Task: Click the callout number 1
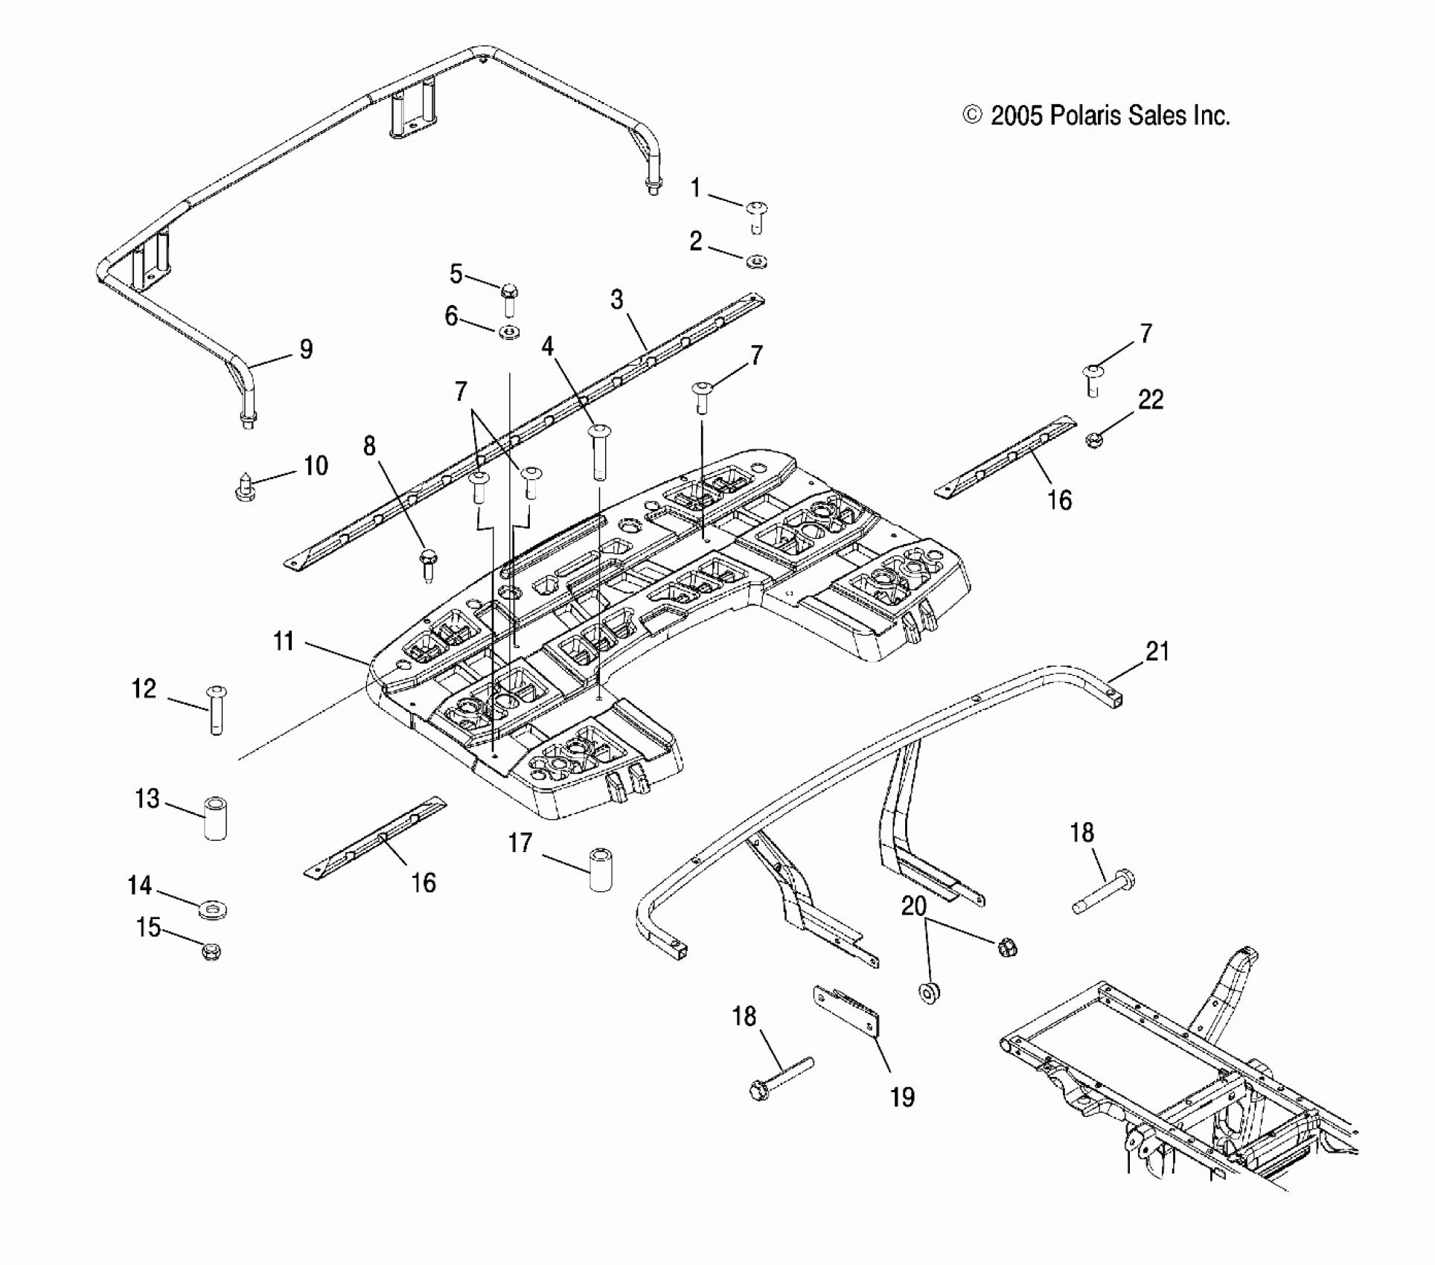pos(696,188)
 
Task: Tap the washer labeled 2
pos(757,261)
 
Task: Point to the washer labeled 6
pos(509,331)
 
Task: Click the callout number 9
pos(306,349)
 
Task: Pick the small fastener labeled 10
pos(244,485)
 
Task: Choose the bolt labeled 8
pos(429,566)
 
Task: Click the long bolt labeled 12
pos(216,710)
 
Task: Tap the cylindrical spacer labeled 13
pos(215,819)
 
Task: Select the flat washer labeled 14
pos(213,909)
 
